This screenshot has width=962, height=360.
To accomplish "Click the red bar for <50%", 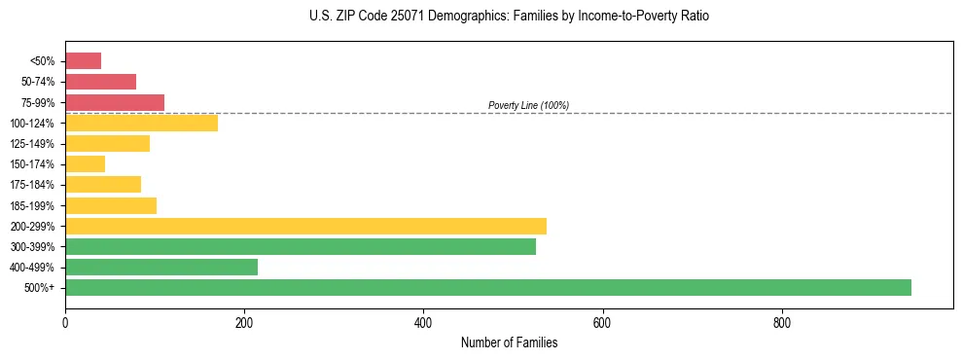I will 83,60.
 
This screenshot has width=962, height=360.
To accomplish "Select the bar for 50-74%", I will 100,82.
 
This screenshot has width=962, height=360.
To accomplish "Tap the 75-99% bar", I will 115,102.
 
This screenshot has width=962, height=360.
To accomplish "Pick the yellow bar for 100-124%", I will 141,123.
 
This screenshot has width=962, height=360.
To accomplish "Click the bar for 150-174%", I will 85,164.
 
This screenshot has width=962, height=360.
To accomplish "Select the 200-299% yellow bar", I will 305,226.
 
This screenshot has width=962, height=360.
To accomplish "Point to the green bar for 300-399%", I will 301,246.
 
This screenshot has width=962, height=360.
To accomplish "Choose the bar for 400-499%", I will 161,267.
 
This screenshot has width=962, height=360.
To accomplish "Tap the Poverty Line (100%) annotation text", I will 528,105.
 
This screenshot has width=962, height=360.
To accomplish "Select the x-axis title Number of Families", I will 509,342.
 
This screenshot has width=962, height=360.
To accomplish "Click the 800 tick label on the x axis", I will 781,322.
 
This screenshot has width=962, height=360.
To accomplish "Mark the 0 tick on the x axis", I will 65,322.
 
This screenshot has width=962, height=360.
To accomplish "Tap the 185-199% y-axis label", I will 34,205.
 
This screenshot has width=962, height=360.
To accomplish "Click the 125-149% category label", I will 34,144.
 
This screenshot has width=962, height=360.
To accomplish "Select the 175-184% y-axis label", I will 34,185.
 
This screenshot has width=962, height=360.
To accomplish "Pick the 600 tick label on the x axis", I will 602,322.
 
